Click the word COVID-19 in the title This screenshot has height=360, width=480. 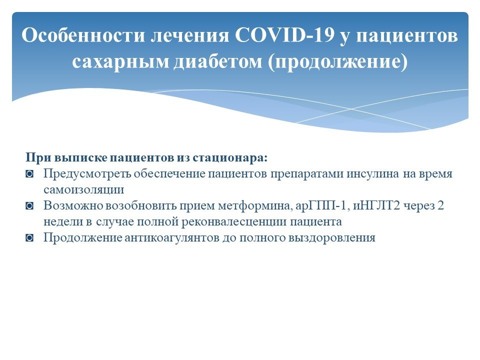tap(284, 35)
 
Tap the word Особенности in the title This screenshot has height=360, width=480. tap(83, 35)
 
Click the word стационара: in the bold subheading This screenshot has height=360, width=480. tap(230, 158)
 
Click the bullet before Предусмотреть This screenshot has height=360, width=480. tap(29, 174)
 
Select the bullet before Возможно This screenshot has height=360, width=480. tap(29, 206)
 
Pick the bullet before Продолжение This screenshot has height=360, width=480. tap(29, 238)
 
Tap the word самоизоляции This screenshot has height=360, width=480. tap(83, 190)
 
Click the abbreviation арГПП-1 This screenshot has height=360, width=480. tap(322, 205)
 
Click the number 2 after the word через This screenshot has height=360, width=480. tap(440, 205)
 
